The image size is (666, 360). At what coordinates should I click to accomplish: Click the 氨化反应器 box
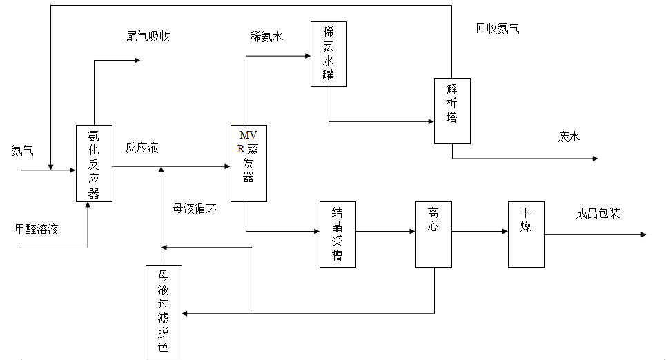94,163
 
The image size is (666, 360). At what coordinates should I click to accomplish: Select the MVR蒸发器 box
248,163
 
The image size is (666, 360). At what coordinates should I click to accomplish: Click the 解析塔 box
452,110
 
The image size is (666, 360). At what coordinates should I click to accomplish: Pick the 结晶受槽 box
337,234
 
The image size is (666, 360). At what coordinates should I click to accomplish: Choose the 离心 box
433,234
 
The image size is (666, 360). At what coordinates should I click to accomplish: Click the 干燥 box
526,234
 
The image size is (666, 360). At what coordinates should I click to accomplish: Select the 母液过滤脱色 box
164,312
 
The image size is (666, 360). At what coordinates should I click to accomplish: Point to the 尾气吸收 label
148,37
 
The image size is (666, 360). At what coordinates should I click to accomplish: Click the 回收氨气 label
498,29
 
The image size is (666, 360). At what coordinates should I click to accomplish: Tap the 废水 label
569,137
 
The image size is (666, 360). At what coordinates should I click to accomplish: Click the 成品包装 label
598,214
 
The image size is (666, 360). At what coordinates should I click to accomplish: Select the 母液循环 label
195,207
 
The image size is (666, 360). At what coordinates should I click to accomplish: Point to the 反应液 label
142,148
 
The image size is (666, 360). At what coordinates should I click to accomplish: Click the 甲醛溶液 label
37,229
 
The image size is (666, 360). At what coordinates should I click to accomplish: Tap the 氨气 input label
22,150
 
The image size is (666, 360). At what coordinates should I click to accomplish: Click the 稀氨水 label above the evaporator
266,37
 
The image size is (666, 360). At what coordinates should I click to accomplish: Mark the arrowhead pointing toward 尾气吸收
136,61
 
